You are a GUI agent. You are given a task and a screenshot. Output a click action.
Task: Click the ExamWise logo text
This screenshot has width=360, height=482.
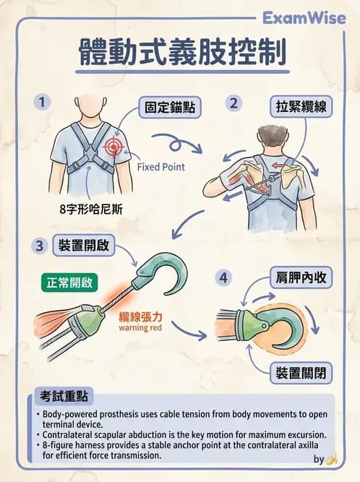pos(304,18)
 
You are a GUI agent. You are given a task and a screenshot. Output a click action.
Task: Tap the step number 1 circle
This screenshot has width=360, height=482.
pos(42,102)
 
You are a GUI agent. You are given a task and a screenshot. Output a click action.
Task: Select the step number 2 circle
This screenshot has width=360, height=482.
pos(233,103)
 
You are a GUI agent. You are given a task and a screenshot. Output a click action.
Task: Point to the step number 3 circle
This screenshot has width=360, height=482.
pos(39,246)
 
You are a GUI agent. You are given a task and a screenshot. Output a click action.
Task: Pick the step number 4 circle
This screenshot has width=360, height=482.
pos(223,278)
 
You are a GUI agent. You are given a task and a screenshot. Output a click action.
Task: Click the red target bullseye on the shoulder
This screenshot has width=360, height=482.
pos(113,146)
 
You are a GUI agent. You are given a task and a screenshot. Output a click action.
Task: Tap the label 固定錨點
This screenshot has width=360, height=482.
pos(170,108)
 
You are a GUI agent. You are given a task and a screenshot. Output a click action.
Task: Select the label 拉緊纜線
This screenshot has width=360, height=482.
pos(301,107)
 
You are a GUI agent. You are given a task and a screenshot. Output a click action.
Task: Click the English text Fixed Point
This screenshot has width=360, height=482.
pos(161,167)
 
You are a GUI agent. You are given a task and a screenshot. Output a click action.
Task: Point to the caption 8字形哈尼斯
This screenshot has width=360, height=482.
pos(91,210)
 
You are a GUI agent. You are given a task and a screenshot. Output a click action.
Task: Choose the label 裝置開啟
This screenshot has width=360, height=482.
pos(84,245)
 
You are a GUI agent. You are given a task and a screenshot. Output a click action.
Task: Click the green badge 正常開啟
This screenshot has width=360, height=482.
pos(69,283)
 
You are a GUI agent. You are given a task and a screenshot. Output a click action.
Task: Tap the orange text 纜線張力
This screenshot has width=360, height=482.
pos(140,317)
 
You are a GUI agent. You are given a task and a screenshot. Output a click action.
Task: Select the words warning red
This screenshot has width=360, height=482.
pos(140,327)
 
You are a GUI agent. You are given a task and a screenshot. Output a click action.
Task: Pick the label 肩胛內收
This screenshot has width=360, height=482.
pos(301,277)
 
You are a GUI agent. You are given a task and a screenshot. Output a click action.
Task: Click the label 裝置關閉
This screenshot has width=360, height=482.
pos(301,373)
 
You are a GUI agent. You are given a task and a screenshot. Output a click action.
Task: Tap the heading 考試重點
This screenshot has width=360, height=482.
pos(64,396)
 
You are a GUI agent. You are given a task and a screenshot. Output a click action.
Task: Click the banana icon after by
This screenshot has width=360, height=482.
pos(332,460)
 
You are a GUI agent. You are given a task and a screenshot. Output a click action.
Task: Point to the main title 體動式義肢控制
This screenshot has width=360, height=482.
pos(183,51)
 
